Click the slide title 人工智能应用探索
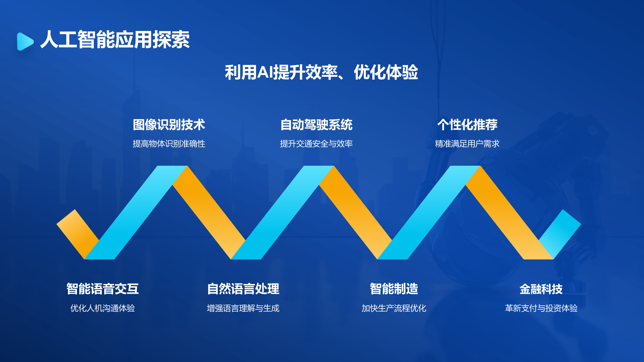pyautogui.click(x=115, y=40)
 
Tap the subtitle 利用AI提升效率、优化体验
pyautogui.click(x=321, y=73)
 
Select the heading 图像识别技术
pyautogui.click(x=169, y=125)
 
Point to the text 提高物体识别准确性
pyautogui.click(x=169, y=144)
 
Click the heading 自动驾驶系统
pyautogui.click(x=316, y=125)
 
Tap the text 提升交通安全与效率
pyautogui.click(x=316, y=144)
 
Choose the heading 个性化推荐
pyautogui.click(x=467, y=125)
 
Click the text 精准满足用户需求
pyautogui.click(x=467, y=144)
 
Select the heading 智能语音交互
pyautogui.click(x=103, y=289)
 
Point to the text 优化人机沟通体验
pyautogui.click(x=103, y=308)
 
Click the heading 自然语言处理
pyautogui.click(x=243, y=289)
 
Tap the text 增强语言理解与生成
pyautogui.click(x=243, y=308)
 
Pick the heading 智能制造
pyautogui.click(x=394, y=289)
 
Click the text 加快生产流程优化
pyautogui.click(x=394, y=308)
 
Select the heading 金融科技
pyautogui.click(x=541, y=289)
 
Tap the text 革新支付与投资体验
pyautogui.click(x=541, y=308)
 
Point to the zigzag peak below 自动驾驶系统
pyautogui.click(x=319, y=173)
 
